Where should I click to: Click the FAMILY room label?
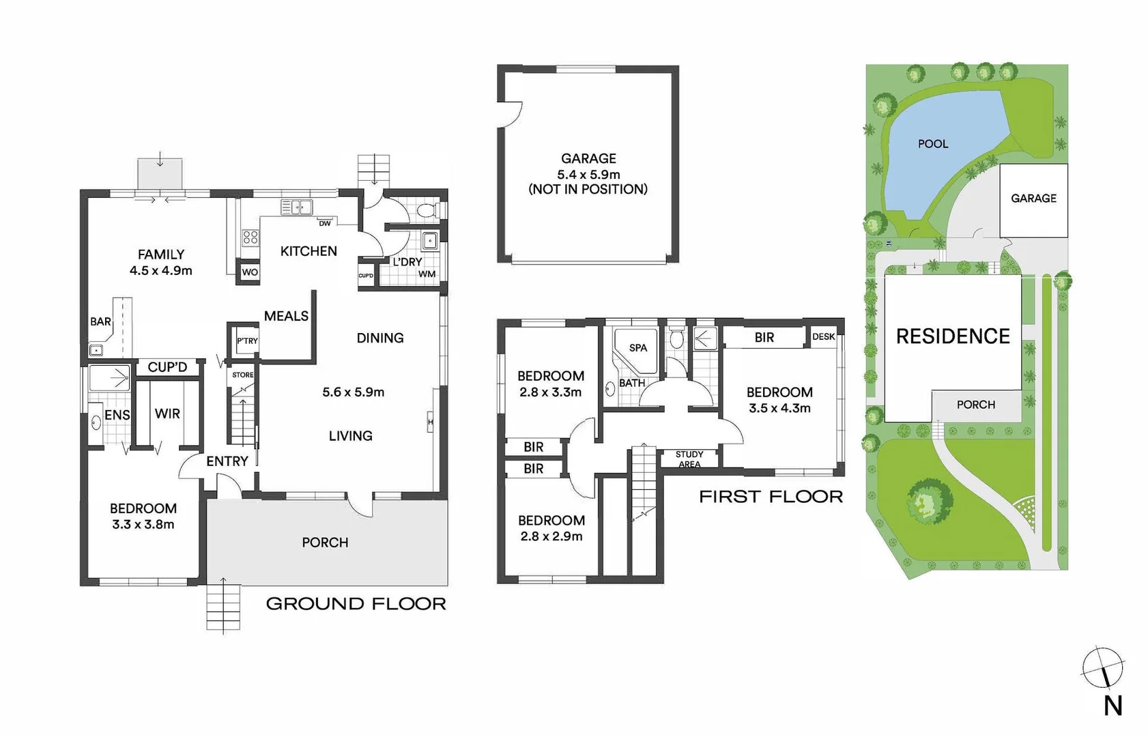click(x=161, y=255)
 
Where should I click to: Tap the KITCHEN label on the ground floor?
click(x=308, y=251)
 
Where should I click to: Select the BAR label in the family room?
click(x=100, y=321)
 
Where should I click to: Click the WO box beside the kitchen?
click(x=250, y=272)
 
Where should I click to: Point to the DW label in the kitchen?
click(x=325, y=223)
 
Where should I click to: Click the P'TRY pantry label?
click(x=247, y=341)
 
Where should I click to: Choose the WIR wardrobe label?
click(x=167, y=414)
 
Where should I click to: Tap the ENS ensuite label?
click(x=117, y=415)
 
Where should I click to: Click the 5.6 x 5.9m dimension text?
click(x=353, y=392)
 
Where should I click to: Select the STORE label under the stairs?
click(x=242, y=375)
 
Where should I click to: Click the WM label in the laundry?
click(x=427, y=274)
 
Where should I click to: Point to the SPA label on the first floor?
click(x=638, y=348)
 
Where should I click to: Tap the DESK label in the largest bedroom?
click(x=823, y=337)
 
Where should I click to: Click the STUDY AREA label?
click(x=689, y=459)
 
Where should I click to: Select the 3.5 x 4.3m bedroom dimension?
click(x=779, y=408)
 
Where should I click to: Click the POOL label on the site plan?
click(x=933, y=144)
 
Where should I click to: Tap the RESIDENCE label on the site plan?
click(x=953, y=336)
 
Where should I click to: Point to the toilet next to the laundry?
click(x=426, y=209)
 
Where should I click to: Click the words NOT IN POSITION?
click(x=588, y=190)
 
